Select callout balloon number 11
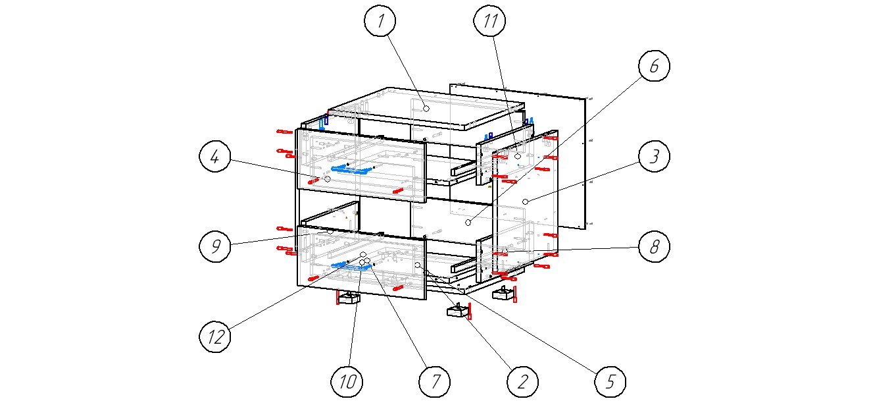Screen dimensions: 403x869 (x=491, y=21)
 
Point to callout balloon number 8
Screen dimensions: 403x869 (x=653, y=247)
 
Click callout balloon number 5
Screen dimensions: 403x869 (x=610, y=381)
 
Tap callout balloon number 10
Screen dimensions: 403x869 (x=347, y=381)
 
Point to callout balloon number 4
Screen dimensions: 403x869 (x=216, y=157)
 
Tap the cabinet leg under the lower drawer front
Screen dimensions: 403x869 (x=349, y=298)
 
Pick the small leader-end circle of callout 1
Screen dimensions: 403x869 (x=426, y=107)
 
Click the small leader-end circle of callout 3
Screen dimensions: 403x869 (x=525, y=200)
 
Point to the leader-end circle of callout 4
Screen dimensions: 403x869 (x=327, y=179)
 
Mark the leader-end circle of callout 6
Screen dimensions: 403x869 (x=468, y=224)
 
